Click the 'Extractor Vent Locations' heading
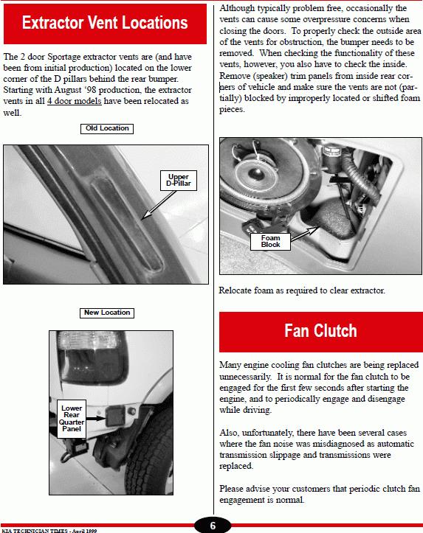105,23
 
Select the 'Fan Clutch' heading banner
321,332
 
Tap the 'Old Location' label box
107,128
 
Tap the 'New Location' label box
107,313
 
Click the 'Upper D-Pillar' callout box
179,180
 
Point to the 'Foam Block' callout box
270,241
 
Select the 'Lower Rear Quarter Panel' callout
72,419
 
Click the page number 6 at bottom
213,526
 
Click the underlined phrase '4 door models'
74,101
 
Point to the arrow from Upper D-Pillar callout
159,205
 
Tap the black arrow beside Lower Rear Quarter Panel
96,419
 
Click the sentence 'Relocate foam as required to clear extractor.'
302,290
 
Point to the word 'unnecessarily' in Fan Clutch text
245,377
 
